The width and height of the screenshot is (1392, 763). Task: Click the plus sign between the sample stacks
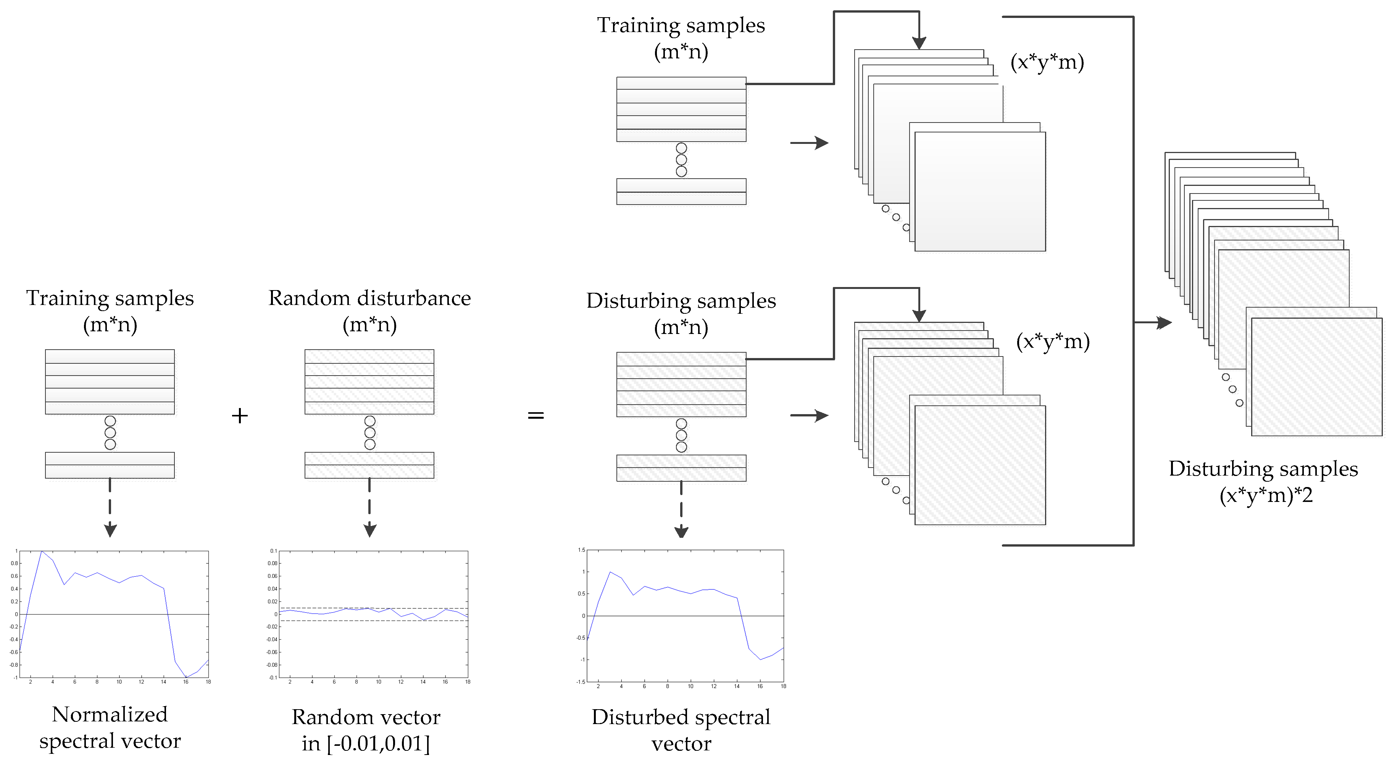[239, 416]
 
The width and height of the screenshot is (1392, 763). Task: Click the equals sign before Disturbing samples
[536, 416]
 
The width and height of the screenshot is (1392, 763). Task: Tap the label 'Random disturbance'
[369, 298]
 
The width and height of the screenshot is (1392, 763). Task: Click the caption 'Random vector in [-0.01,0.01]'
[366, 730]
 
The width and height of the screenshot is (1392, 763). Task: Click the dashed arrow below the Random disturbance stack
[369, 508]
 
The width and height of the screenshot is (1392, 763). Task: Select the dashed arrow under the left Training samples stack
[110, 508]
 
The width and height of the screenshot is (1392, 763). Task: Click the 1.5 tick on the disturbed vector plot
[581, 550]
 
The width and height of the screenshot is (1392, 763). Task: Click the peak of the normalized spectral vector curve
[42, 552]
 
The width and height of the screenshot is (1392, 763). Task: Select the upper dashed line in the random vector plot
[373, 608]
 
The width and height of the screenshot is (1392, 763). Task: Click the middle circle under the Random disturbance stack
[369, 433]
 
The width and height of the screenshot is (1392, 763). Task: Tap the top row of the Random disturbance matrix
[369, 356]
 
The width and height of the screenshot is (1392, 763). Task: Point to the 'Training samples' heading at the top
[681, 26]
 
